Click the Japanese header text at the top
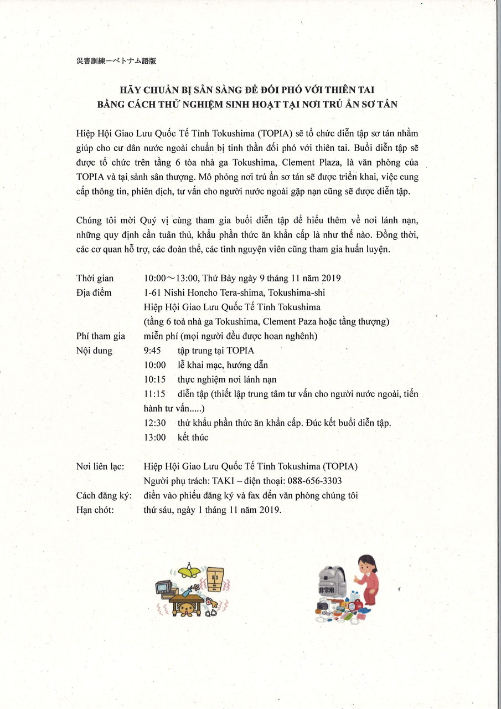116,61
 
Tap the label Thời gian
94,278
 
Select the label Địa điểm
94,292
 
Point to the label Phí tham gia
101,336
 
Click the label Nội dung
95,351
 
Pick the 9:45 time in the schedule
152,351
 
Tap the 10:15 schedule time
154,379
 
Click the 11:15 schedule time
154,394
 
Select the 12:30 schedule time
154,423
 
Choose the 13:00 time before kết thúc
154,437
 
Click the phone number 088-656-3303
314,481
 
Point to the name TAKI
224,481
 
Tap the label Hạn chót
95,510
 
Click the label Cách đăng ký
104,495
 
